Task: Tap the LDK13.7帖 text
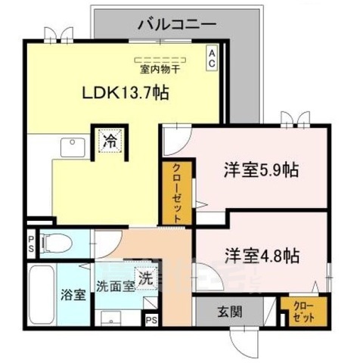point(125,94)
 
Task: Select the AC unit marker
point(212,59)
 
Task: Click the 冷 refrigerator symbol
point(110,140)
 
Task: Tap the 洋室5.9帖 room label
point(259,169)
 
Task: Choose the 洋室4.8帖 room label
point(259,253)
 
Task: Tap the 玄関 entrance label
point(230,310)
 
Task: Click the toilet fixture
point(57,244)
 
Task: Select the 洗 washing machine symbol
point(145,278)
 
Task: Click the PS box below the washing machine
point(151,320)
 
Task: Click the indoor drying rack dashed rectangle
point(160,58)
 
